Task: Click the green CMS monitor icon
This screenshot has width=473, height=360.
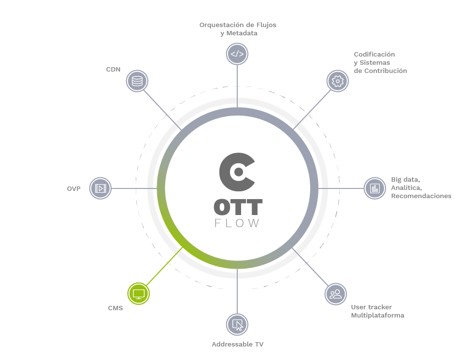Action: (138, 293)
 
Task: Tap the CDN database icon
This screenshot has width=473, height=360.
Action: (137, 81)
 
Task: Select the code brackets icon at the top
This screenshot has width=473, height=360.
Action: (237, 54)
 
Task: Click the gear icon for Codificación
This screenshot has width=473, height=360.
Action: (337, 81)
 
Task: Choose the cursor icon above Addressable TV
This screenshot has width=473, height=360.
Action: (237, 324)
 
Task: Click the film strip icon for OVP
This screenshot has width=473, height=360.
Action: (100, 188)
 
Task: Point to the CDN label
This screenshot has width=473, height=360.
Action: (113, 70)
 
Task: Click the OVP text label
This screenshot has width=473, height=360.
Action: (74, 188)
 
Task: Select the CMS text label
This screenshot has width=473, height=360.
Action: (115, 308)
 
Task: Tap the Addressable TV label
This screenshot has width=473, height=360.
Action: (238, 345)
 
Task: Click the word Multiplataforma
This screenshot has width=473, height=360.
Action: (377, 316)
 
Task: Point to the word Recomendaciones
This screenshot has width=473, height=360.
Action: (421, 196)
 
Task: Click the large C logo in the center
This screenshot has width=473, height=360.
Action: (237, 171)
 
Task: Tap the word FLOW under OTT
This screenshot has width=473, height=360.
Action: (237, 223)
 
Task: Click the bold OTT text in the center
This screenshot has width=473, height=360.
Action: (238, 207)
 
